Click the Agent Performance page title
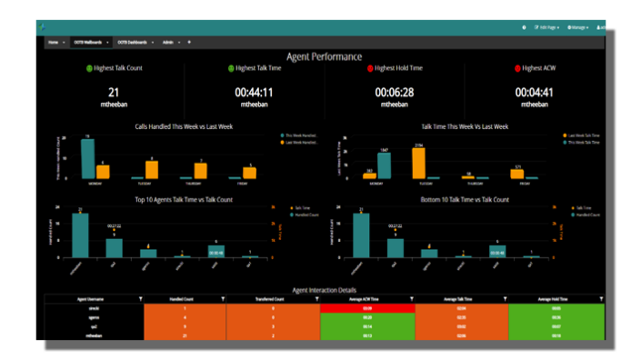point(324,56)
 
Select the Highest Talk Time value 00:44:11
point(254,92)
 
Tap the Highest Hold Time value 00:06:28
point(394,92)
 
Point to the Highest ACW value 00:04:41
point(535,92)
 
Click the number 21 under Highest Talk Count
point(114,92)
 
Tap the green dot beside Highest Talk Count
point(90,69)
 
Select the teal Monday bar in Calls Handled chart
point(88,159)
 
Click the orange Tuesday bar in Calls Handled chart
point(152,170)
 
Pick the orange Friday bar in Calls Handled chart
point(249,173)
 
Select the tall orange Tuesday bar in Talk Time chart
point(418,163)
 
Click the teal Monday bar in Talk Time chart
point(385,165)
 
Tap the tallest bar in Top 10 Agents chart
point(80,235)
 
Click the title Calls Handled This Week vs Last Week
point(183,126)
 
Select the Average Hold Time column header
point(553,298)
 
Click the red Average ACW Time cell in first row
point(367,308)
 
